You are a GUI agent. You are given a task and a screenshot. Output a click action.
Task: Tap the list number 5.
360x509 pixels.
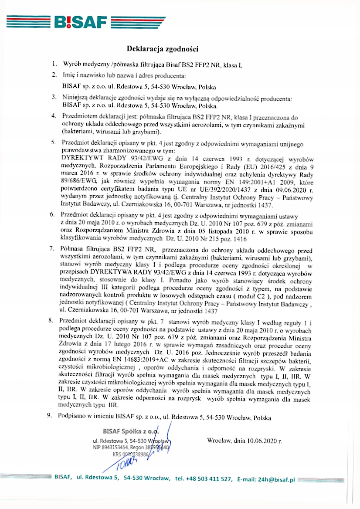tap(53, 142)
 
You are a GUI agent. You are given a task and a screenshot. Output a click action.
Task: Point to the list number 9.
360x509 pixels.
tap(50, 416)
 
